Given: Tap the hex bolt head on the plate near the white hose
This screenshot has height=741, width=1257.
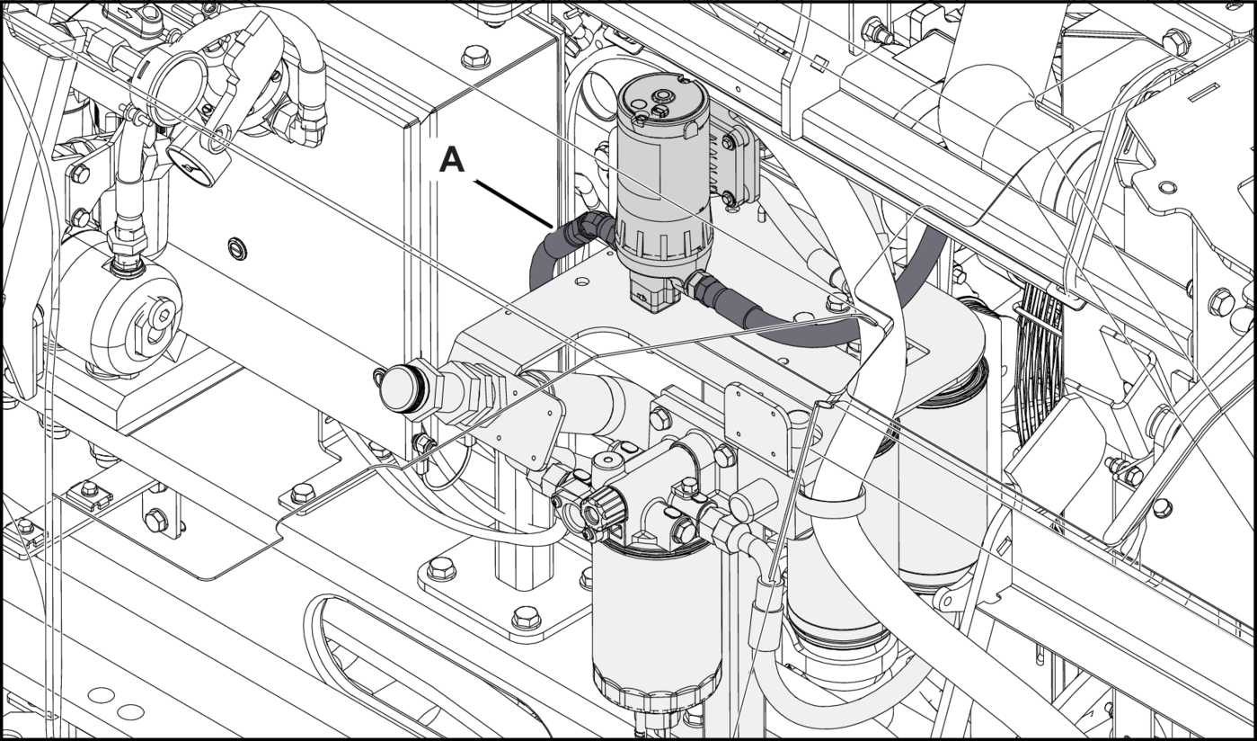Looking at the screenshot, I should [x=837, y=299].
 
